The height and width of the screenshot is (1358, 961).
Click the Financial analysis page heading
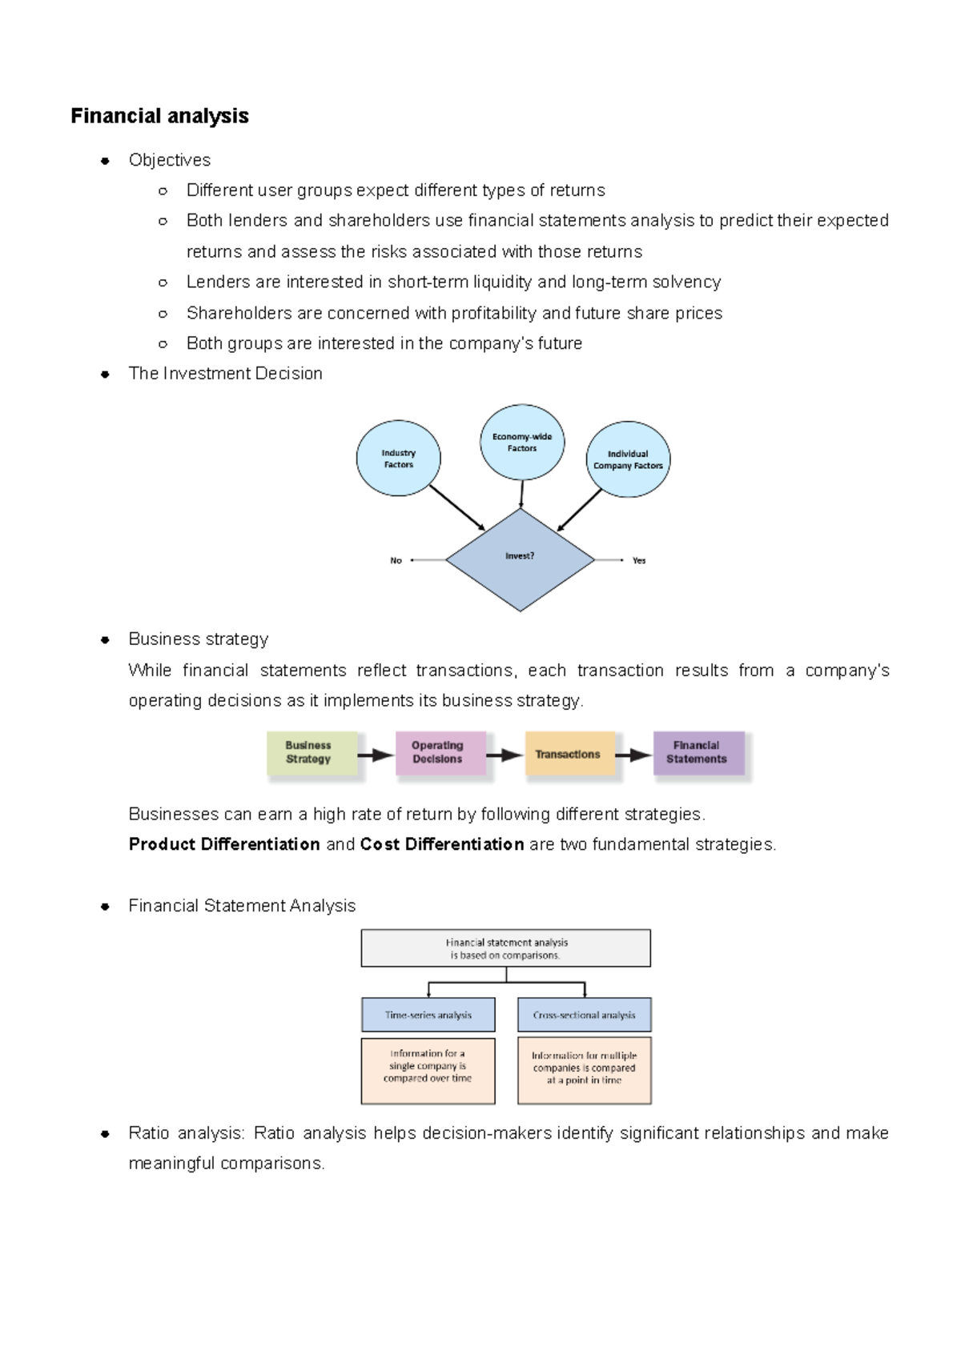click(159, 116)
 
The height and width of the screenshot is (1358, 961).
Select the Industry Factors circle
click(398, 459)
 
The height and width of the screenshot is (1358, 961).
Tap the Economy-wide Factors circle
click(522, 443)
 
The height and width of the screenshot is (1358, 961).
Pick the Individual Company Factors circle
click(628, 459)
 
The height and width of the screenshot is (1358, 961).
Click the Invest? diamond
click(520, 560)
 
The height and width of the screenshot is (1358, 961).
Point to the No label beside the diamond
click(396, 560)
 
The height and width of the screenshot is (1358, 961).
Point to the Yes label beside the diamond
click(638, 560)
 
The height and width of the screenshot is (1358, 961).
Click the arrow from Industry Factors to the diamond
click(456, 507)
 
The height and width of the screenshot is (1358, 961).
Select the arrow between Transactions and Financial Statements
click(634, 755)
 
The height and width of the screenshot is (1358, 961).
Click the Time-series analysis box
click(428, 1015)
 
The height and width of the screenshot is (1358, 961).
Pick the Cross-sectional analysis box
click(584, 1015)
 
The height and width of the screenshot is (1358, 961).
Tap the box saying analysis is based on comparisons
click(505, 948)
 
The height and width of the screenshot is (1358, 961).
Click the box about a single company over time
click(428, 1071)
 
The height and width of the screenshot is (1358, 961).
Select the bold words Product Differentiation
click(224, 844)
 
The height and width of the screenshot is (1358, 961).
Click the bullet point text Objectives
click(170, 160)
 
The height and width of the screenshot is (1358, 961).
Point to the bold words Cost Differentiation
click(442, 844)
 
